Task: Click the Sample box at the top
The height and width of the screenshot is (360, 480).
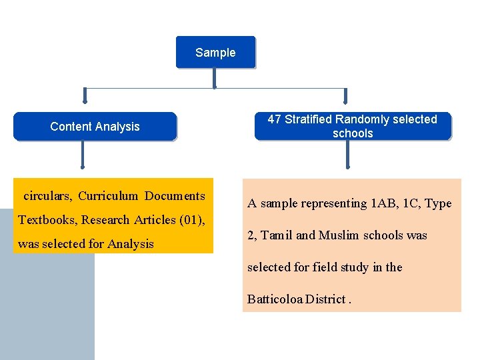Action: [215, 53]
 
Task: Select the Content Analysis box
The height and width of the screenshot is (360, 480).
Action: [95, 127]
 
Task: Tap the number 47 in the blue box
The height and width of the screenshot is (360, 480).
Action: [274, 119]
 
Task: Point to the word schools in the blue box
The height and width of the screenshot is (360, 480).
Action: [353, 133]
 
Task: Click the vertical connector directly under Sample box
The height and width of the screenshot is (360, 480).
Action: [214, 77]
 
